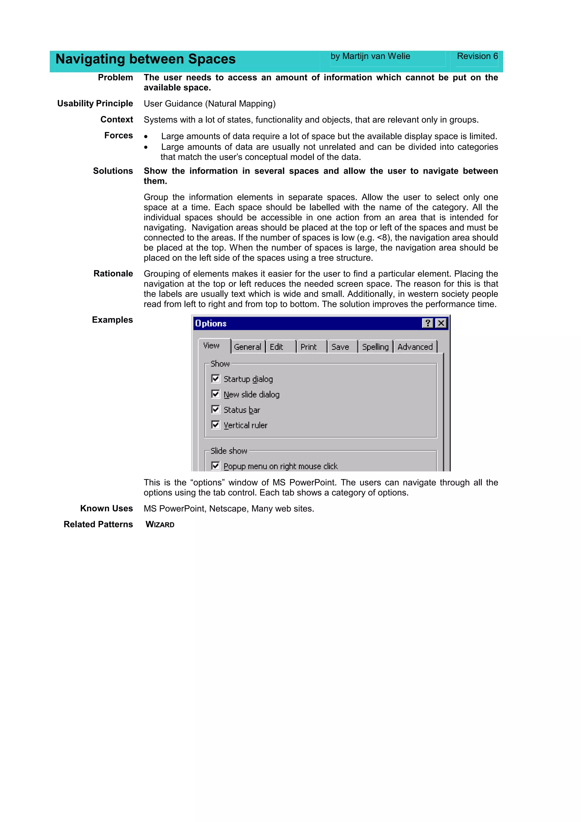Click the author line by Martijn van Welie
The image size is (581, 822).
coord(370,56)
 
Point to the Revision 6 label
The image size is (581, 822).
coord(477,56)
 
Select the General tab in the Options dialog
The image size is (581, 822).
coord(247,347)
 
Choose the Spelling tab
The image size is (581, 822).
coord(375,347)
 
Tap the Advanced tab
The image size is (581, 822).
coord(415,347)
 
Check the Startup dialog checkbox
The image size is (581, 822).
coord(216,378)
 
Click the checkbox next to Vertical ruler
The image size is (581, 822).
coord(216,425)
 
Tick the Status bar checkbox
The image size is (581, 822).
coord(216,409)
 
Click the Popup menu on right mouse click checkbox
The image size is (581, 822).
coord(216,465)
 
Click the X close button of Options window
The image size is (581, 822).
coord(441,323)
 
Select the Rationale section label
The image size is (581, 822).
coord(113,273)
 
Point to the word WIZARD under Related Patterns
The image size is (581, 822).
coord(160,524)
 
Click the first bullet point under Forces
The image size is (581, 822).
coord(146,136)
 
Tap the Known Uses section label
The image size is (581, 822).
coord(106,508)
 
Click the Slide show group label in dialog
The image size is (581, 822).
coord(229,451)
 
